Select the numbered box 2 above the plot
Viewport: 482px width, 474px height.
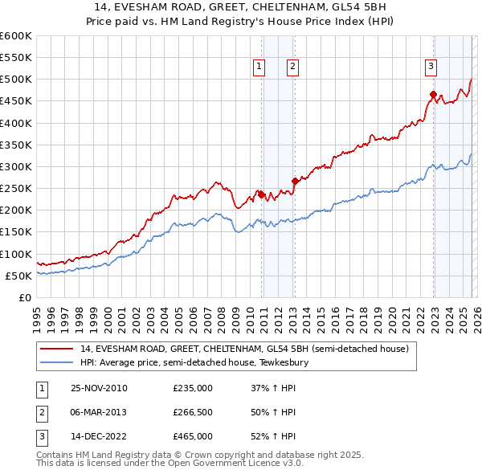point(292,67)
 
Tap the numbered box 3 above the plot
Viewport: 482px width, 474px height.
point(431,67)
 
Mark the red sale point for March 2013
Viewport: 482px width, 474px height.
point(295,181)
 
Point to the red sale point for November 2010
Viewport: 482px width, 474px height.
point(262,194)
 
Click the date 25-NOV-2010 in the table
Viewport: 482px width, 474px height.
point(99,387)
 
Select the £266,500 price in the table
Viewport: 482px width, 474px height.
point(193,412)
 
